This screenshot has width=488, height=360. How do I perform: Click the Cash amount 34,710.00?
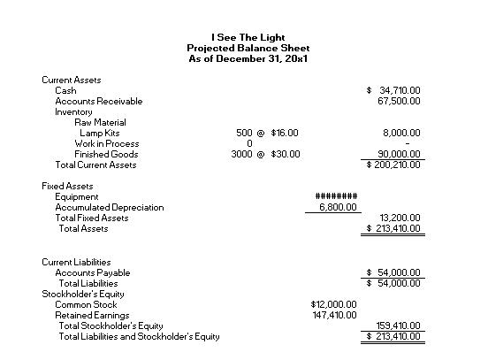399,90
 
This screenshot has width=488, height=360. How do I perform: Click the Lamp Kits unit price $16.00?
285,133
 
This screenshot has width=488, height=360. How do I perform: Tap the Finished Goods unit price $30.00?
285,154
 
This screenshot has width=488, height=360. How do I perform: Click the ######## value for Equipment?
336,196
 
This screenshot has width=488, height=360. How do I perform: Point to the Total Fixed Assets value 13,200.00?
400,218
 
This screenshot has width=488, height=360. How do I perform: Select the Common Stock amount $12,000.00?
329,304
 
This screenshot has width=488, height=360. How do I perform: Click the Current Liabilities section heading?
76,263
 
